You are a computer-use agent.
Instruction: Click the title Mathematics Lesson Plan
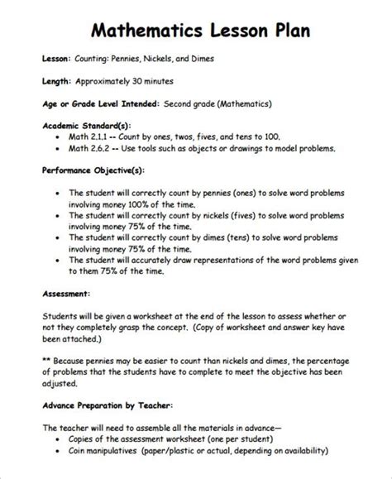point(195,31)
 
